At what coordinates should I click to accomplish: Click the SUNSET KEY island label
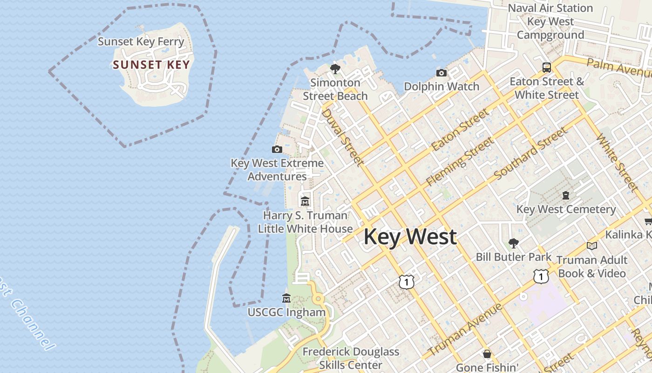(x=151, y=65)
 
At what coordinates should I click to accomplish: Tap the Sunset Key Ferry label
(x=141, y=41)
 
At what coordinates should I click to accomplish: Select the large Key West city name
(x=410, y=237)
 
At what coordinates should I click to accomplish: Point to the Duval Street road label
(x=342, y=138)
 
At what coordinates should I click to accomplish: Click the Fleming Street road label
(x=460, y=162)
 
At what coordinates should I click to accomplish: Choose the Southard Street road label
(x=531, y=153)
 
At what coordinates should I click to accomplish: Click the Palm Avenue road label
(x=619, y=68)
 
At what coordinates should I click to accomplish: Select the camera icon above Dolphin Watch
(x=441, y=73)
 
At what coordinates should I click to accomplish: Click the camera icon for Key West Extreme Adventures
(x=277, y=149)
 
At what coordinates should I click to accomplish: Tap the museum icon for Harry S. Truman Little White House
(x=305, y=201)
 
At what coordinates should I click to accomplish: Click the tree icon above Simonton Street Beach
(x=335, y=69)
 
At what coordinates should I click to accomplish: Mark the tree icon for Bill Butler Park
(x=514, y=243)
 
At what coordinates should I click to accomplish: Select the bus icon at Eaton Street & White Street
(x=547, y=67)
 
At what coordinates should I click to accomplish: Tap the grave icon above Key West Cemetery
(x=566, y=195)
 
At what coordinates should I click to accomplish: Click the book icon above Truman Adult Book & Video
(x=591, y=246)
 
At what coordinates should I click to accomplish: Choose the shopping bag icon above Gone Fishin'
(x=487, y=354)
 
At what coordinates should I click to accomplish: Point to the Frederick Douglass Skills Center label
(x=351, y=358)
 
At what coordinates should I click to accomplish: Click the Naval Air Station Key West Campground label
(x=550, y=21)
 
